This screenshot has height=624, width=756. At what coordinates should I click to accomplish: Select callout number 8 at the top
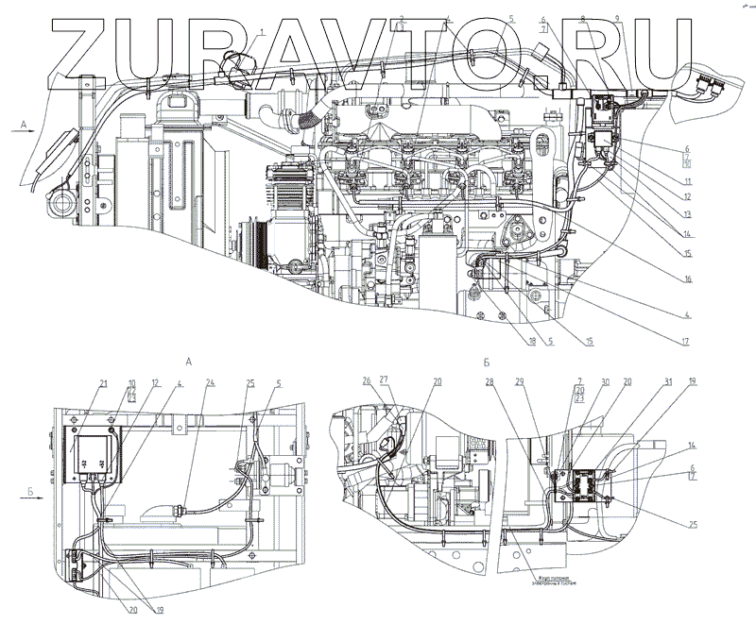[x=583, y=19]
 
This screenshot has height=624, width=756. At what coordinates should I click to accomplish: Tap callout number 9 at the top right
[x=617, y=19]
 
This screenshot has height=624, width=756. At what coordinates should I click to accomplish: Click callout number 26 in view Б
[x=366, y=381]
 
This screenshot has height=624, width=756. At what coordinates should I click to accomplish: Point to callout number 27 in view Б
[x=384, y=381]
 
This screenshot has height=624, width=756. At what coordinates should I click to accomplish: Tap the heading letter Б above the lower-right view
[x=485, y=362]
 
